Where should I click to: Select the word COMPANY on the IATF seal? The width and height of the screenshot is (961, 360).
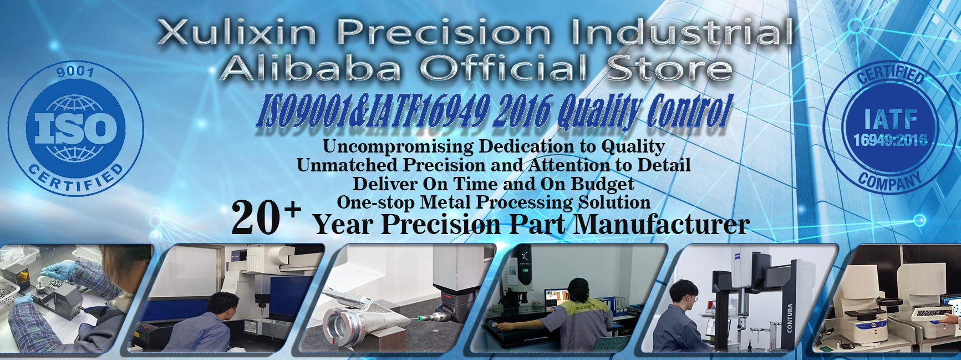click(x=889, y=181)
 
